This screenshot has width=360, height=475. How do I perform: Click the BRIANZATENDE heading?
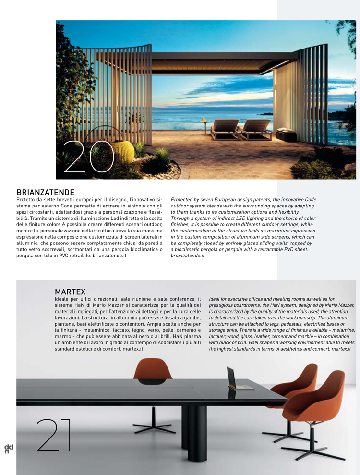tap(45, 193)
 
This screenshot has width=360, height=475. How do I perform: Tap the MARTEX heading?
tap(70, 292)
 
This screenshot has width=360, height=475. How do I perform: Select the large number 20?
tap(89, 157)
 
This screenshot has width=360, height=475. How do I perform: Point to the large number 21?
tap(54, 435)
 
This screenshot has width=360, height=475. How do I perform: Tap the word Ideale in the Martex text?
tap(66, 299)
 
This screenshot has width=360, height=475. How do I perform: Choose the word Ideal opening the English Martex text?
tap(216, 299)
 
